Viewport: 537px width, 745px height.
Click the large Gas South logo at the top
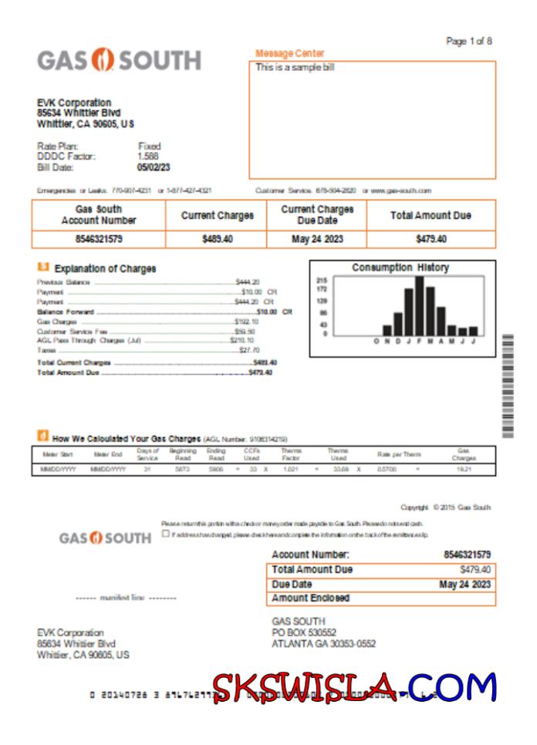tap(119, 61)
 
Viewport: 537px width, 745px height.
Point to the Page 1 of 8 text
tap(469, 41)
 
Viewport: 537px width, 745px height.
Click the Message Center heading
tap(289, 53)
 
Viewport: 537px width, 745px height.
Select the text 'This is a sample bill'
tap(295, 67)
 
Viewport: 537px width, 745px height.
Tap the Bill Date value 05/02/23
tap(154, 167)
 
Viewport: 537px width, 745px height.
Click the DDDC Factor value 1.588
tap(148, 157)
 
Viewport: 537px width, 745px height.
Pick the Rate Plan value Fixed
tap(149, 146)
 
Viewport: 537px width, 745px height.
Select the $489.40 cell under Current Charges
tap(217, 239)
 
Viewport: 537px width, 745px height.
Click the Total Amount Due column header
tap(431, 216)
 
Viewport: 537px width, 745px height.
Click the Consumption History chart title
tap(400, 268)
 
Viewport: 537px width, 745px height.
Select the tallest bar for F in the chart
tap(419, 305)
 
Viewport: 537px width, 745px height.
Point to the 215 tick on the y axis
tap(323, 280)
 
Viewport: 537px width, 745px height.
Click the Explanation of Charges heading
tap(105, 268)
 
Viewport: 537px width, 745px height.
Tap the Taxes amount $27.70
tap(249, 350)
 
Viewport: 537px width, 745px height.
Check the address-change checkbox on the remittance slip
tap(166, 534)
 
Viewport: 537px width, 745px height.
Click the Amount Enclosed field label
tap(310, 598)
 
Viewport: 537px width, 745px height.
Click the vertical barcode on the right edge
tap(507, 386)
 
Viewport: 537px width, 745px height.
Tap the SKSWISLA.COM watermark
tap(354, 686)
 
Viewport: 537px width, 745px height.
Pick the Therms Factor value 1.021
tap(290, 469)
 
